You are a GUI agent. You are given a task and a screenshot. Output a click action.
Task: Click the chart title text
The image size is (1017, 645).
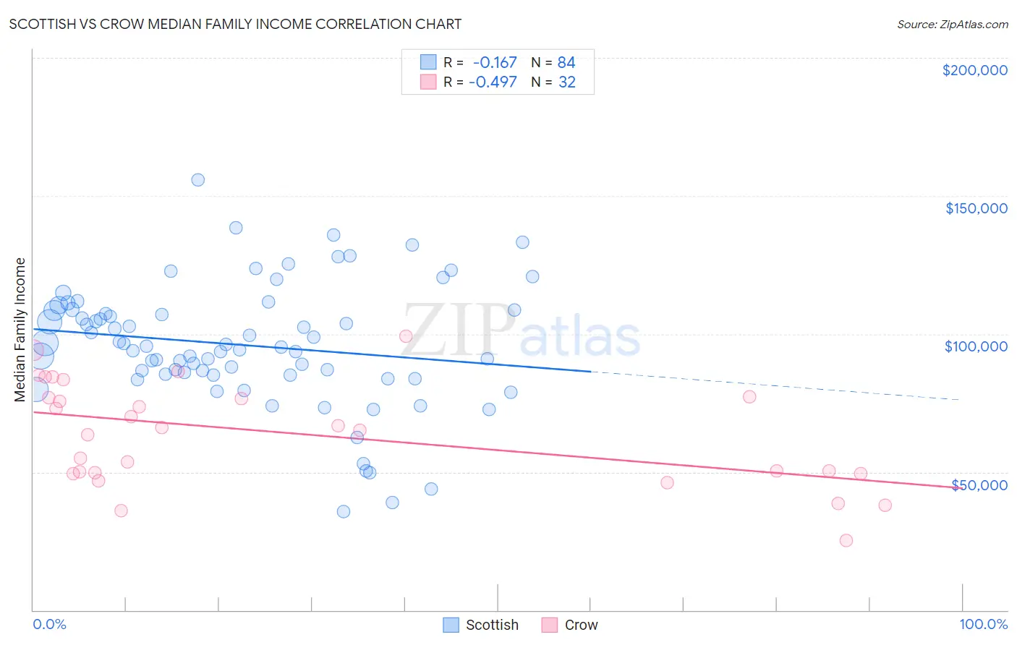(x=235, y=24)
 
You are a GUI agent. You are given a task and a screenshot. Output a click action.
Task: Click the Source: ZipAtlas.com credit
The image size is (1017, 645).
(x=952, y=24)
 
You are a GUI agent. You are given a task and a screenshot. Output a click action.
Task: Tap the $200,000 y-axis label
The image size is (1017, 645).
(x=974, y=70)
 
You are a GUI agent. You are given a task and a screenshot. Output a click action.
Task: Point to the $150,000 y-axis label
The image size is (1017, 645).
(x=976, y=208)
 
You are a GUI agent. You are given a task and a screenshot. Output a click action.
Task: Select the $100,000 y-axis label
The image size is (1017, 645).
(x=976, y=346)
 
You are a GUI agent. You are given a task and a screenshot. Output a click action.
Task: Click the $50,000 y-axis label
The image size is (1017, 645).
(x=979, y=484)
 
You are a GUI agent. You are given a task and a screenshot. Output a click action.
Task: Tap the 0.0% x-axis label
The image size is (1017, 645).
(x=49, y=624)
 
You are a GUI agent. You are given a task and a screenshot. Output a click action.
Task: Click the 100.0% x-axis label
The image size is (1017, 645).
(x=983, y=624)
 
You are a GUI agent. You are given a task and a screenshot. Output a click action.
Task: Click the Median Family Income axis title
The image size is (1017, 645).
(x=20, y=330)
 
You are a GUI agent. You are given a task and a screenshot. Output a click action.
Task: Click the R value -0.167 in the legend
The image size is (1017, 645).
(x=495, y=63)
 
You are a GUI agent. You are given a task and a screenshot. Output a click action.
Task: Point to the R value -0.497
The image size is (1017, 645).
(x=493, y=82)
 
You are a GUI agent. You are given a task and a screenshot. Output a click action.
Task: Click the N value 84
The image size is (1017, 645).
(x=566, y=63)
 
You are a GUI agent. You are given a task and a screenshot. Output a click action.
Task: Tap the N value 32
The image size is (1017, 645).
(x=567, y=82)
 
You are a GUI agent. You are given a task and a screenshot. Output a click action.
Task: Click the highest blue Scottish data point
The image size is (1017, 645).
(x=197, y=180)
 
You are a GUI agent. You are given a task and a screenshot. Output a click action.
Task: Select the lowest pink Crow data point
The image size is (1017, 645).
(x=846, y=540)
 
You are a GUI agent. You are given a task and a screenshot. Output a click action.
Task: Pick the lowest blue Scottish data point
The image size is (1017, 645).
(x=344, y=511)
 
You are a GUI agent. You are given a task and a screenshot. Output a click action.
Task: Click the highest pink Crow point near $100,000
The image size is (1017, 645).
(x=406, y=336)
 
